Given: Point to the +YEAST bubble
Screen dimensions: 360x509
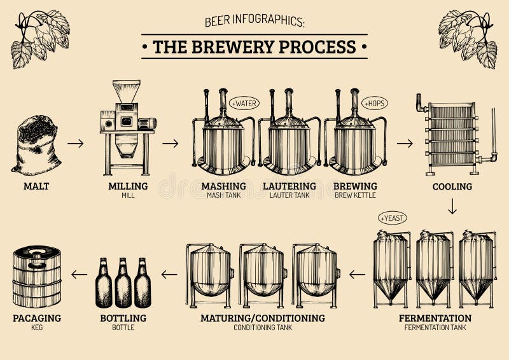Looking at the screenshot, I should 391,218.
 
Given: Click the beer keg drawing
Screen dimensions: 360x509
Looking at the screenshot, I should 37,277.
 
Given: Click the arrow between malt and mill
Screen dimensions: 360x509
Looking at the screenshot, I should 76,143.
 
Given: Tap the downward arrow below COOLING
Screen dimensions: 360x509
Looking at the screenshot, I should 452,207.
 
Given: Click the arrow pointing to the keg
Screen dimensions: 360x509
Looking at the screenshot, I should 80,275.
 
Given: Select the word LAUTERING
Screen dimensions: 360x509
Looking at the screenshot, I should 289,186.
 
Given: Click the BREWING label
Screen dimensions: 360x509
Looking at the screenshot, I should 355,186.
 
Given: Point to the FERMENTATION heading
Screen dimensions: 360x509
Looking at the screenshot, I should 435,318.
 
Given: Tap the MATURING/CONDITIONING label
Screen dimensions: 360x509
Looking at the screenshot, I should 262,318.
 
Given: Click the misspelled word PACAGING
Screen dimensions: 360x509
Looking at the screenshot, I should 36,318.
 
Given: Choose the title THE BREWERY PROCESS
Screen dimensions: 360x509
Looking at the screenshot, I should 254,47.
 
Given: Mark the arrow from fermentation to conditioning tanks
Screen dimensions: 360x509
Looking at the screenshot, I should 358,275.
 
